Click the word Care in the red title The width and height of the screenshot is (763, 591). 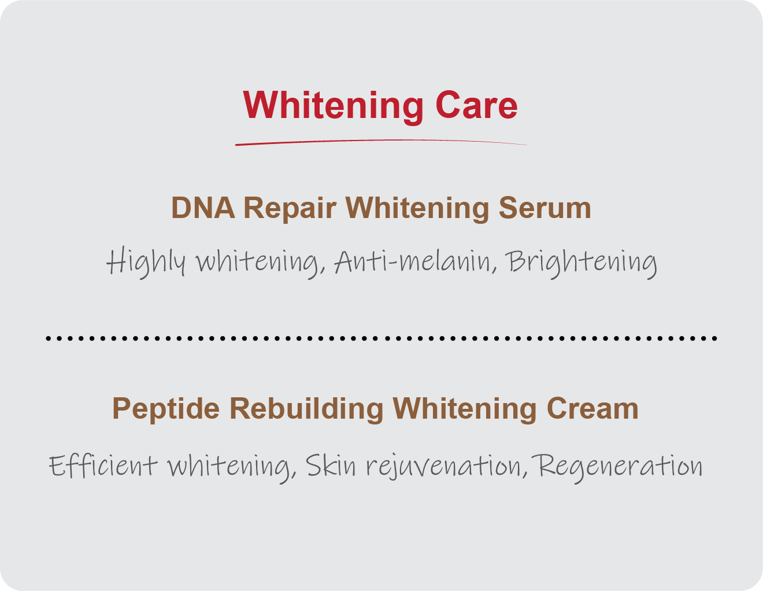pos(476,105)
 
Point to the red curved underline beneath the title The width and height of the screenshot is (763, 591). pos(380,142)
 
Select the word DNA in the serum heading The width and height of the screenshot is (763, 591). pos(203,208)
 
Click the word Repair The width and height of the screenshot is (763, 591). pos(290,209)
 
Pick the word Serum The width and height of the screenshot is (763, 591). pos(545,208)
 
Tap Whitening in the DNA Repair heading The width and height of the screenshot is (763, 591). pos(417,209)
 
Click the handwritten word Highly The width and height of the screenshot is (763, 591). pos(146,263)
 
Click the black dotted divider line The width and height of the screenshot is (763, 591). pos(381,338)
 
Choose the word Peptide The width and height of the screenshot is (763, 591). pos(166,409)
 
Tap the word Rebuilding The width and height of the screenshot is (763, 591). pos(306,409)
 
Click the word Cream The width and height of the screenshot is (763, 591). pos(592,408)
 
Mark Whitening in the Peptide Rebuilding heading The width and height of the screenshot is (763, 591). pos(465,409)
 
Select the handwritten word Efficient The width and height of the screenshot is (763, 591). pos(103,466)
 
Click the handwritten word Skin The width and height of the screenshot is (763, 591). pos(331,465)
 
